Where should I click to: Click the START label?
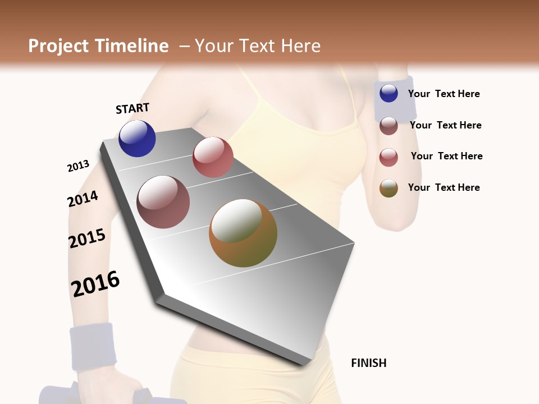133,108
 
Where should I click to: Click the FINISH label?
368,363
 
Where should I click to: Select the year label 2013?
78,166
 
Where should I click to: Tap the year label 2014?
83,199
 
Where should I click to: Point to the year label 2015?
87,238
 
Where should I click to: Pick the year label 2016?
95,283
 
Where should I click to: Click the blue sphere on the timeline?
137,138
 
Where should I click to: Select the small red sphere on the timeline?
213,157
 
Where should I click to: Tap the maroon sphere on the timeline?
163,202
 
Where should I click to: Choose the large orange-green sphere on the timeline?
243,233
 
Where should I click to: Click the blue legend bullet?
389,94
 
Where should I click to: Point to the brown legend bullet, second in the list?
389,125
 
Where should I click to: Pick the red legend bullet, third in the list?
389,157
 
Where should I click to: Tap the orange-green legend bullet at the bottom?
389,188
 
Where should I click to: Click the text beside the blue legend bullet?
444,94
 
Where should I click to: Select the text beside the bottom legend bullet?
444,187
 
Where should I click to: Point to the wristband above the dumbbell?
93,345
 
